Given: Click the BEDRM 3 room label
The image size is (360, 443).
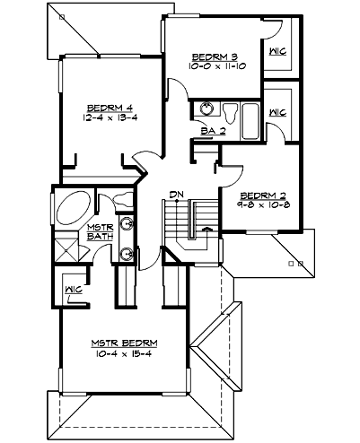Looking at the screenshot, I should (212, 54).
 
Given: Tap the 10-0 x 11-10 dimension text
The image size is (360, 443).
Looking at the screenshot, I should (212, 65).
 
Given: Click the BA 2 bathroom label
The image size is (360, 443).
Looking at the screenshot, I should (212, 131).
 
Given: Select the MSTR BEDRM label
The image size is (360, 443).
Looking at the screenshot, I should (125, 344).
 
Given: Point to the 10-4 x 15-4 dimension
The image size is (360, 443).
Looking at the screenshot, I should (125, 355).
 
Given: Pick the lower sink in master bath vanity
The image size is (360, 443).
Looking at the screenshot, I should (127, 254).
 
